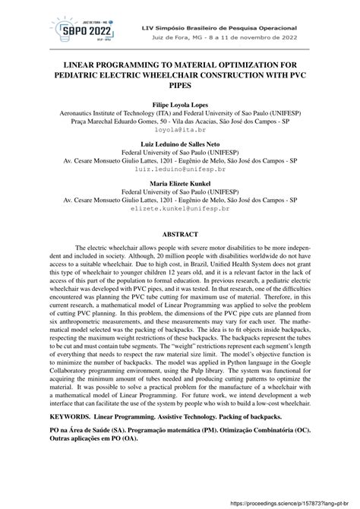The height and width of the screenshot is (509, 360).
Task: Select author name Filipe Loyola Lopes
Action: pos(181,103)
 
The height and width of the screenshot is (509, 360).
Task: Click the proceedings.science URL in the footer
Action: pos(304,501)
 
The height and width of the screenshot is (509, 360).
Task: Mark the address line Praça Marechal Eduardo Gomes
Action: pos(181,121)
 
